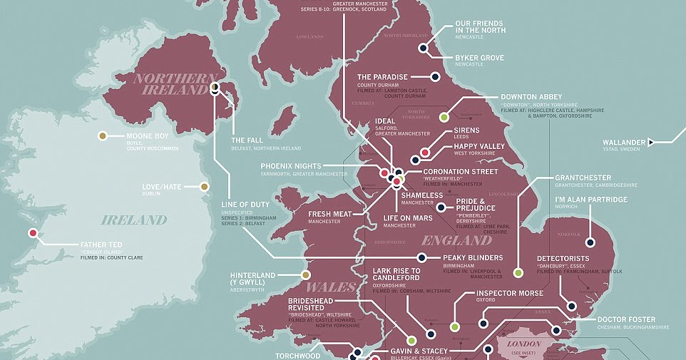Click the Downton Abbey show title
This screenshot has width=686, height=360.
click(531, 97)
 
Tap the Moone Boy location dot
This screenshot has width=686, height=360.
click(103, 136)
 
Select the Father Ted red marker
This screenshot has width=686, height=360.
click(33, 233)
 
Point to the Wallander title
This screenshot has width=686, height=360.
click(623, 143)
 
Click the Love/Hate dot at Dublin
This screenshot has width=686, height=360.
click(205, 187)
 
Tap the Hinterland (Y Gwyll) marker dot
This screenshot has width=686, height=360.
click(306, 274)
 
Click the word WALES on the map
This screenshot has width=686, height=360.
click(331, 287)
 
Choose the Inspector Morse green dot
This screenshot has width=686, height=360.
click(454, 326)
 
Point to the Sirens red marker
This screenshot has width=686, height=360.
click(425, 153)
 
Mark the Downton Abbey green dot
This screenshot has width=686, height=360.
click(444, 117)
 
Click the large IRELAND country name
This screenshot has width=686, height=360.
click(134, 220)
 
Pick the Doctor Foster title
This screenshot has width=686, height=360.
click(625, 319)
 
